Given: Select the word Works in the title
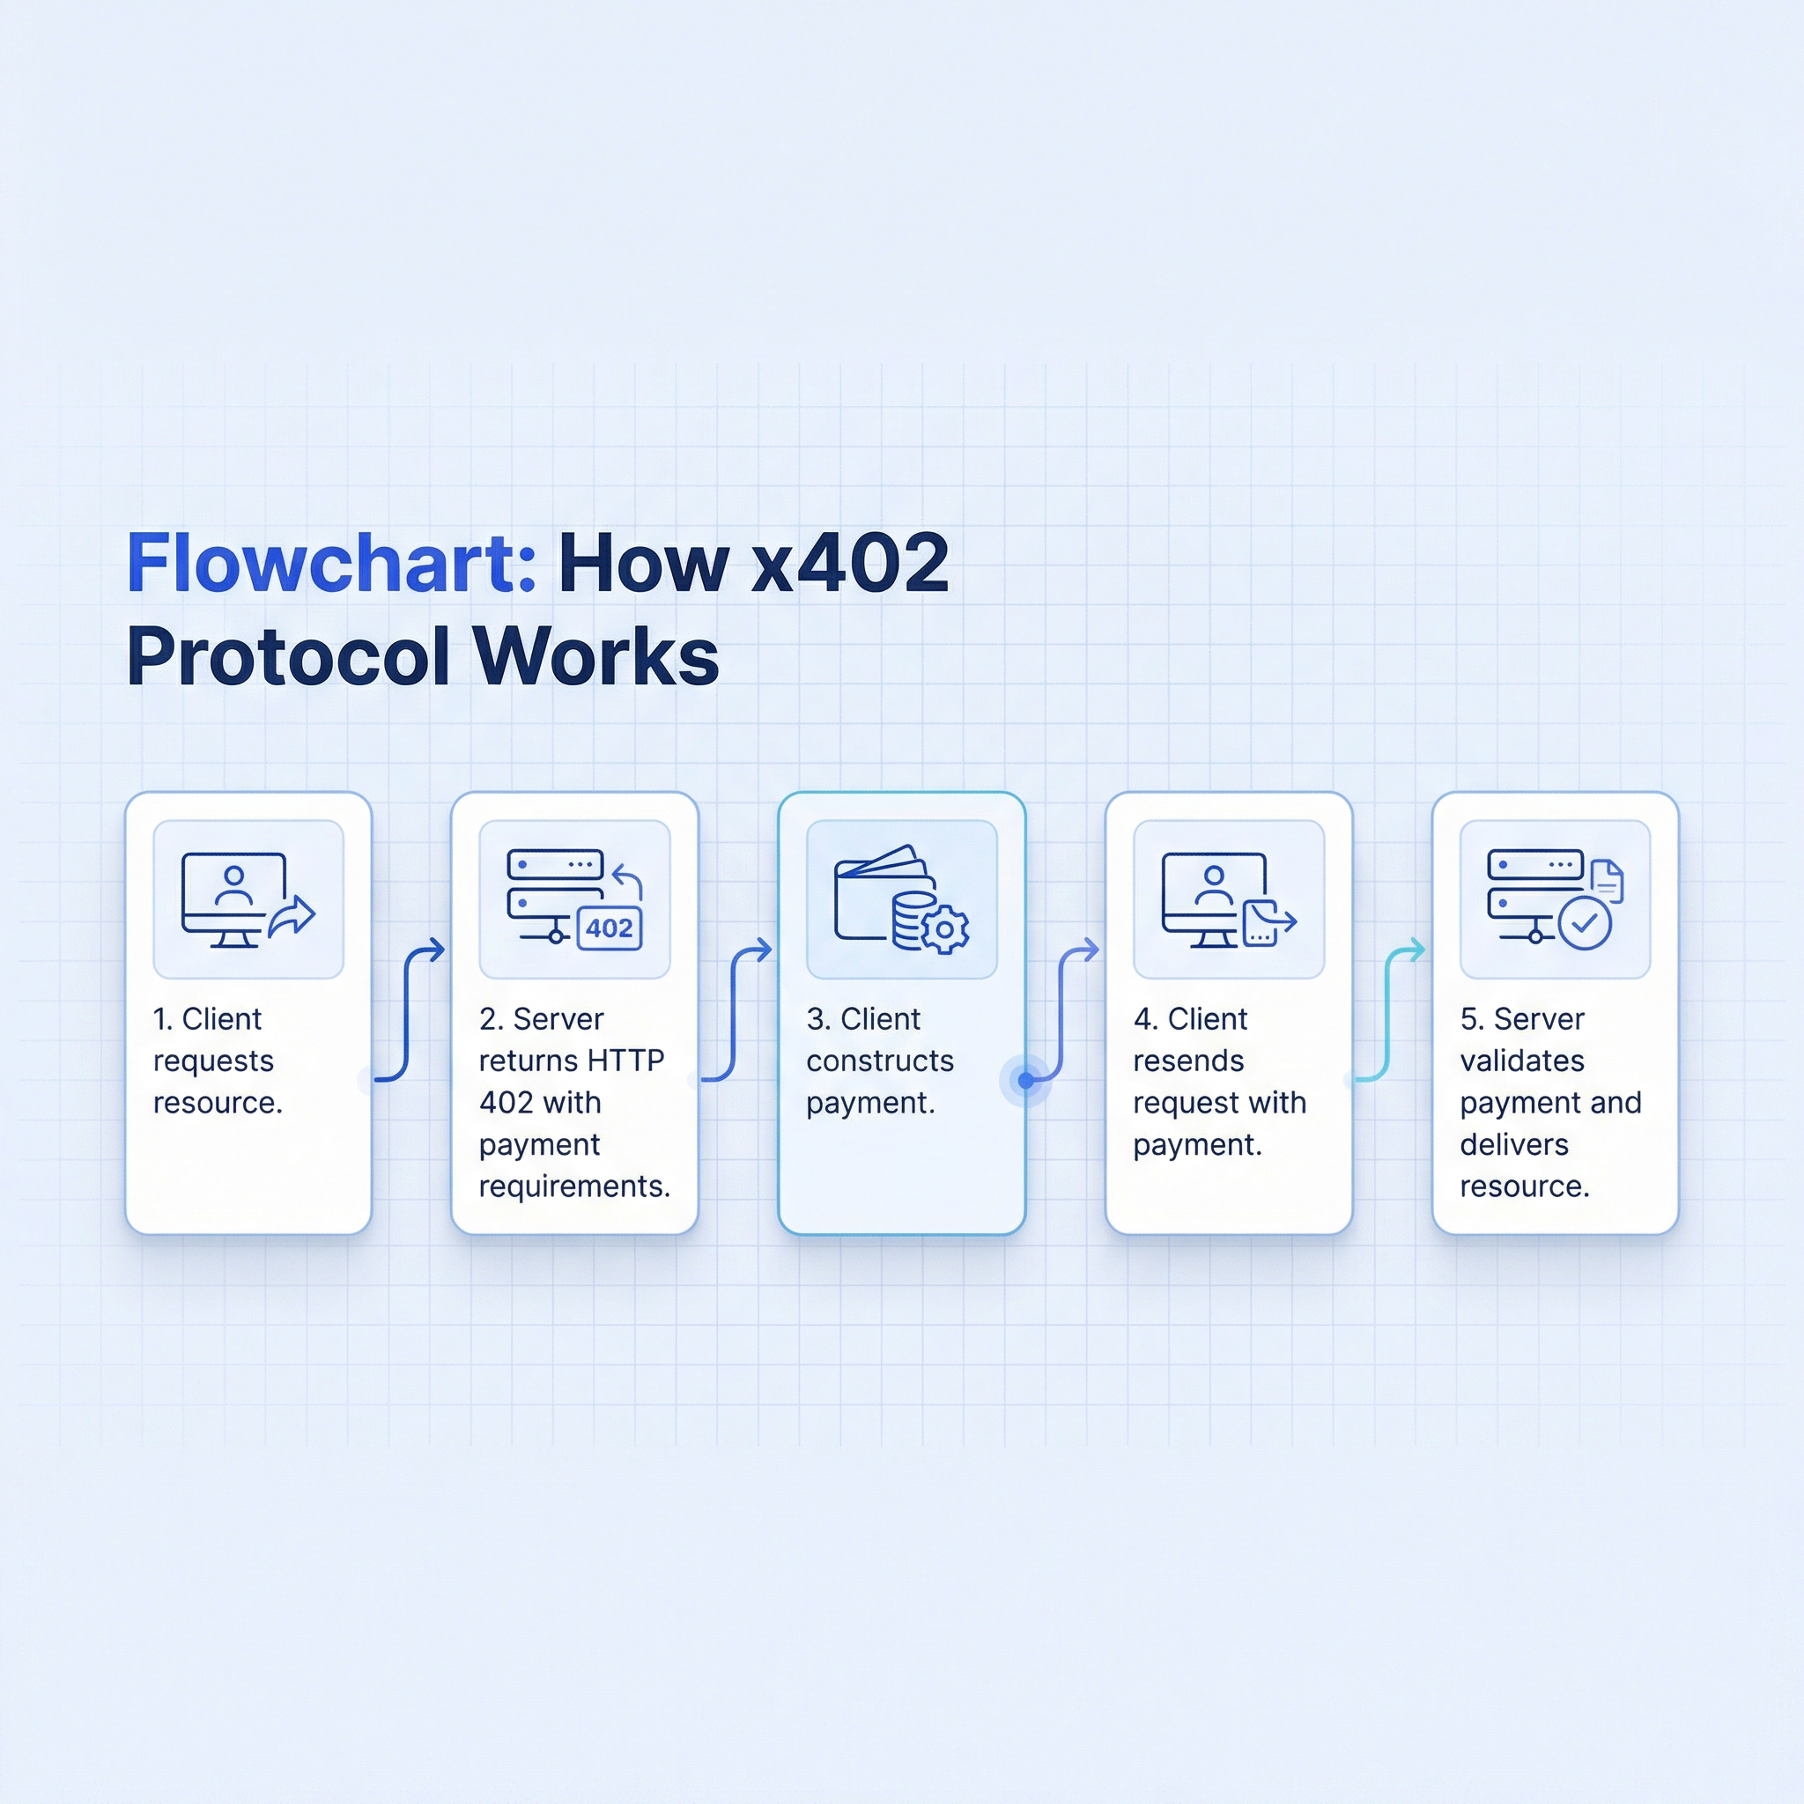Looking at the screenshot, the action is click(x=595, y=656).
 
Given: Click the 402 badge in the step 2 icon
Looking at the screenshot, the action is click(x=609, y=928).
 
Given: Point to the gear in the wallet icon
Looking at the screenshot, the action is click(x=944, y=929).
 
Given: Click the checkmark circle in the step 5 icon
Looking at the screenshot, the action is click(x=1585, y=923).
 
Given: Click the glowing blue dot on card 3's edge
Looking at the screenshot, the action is click(x=1026, y=1080).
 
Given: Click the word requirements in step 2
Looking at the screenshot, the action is click(x=574, y=1187).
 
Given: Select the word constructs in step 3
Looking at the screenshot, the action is click(x=880, y=1061).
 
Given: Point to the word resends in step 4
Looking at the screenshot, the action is click(x=1187, y=1061).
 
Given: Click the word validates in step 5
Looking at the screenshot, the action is click(x=1522, y=1061).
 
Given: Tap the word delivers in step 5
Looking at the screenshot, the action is click(x=1513, y=1145).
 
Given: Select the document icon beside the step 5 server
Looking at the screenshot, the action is click(x=1606, y=881).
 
